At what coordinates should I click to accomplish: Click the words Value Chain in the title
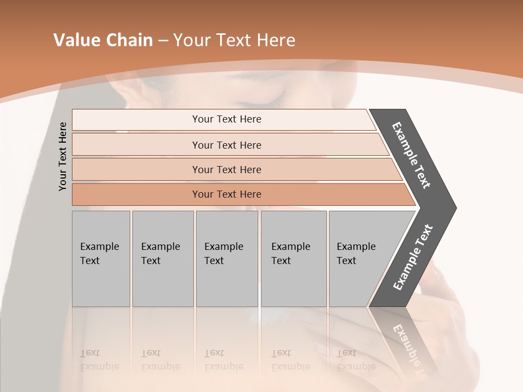click(103, 40)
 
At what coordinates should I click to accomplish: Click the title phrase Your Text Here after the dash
click(234, 40)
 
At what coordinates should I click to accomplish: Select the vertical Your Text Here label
click(63, 156)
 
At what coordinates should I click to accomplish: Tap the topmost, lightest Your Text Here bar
click(226, 119)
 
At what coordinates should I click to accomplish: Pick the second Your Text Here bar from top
click(226, 145)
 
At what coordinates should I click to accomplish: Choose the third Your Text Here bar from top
click(226, 169)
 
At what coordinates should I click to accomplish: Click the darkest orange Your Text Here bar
click(226, 194)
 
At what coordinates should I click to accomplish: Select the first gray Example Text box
click(101, 258)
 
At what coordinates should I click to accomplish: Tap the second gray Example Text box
click(162, 258)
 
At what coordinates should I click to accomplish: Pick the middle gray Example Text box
click(227, 258)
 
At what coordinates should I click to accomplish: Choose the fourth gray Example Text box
click(293, 258)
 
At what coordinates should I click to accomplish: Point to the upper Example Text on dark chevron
click(411, 155)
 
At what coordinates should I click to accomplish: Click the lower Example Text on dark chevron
click(413, 257)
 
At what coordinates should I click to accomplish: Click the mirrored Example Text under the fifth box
click(356, 360)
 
